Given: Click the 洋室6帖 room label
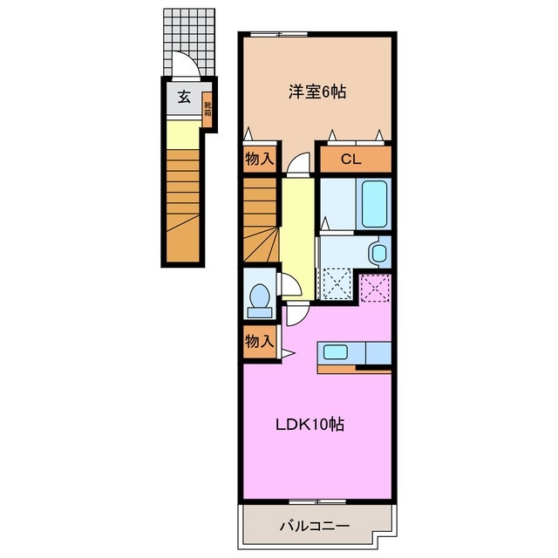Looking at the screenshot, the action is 317,92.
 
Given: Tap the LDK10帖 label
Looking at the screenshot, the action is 310,425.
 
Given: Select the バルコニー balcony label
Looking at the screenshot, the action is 314,526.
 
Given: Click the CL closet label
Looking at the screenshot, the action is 350,159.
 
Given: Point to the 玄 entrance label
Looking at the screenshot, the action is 184,97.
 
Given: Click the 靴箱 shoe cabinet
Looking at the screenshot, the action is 208,109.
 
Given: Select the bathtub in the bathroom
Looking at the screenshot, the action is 374,203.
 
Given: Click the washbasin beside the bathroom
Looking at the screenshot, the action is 378,253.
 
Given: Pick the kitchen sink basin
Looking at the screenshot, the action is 335,352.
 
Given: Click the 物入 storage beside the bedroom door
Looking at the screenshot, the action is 260,160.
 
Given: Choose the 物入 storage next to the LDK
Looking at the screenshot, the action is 260,342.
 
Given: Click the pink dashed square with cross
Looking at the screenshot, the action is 376,288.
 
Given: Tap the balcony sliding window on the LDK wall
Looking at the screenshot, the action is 317,501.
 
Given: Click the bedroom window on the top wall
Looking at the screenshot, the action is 279,34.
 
